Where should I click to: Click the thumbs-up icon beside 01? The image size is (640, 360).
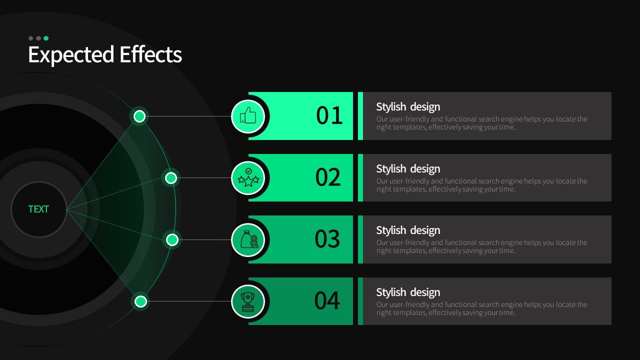tap(248, 115)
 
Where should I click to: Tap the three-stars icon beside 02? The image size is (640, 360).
tap(248, 177)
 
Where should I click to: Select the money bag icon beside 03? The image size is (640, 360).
tap(249, 239)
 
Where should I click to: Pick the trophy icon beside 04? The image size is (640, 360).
tap(247, 301)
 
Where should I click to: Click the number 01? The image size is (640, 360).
tap(329, 115)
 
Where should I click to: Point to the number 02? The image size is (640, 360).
tap(328, 177)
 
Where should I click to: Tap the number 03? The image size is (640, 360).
tap(327, 239)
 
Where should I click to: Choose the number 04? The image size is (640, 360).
tap(327, 300)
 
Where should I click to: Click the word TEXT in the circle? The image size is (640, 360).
tap(38, 209)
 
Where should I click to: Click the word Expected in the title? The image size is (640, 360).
tap(71, 54)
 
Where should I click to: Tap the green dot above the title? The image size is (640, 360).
tap(46, 38)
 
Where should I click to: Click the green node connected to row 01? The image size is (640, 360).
tap(139, 116)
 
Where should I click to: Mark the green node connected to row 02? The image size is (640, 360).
tap(171, 178)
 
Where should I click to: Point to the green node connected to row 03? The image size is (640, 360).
tap(172, 239)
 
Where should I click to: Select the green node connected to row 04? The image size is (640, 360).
tap(140, 301)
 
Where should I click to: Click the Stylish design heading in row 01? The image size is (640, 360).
tap(408, 107)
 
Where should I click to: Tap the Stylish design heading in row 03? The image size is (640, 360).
tap(408, 230)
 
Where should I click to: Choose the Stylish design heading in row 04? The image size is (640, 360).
tap(408, 292)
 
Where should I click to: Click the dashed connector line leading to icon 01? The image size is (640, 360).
tap(188, 116)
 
